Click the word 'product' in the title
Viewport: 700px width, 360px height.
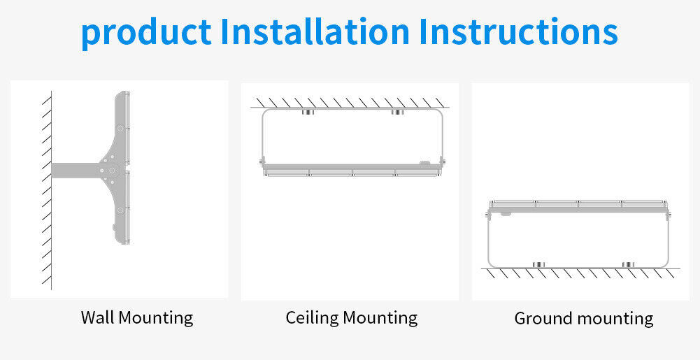146,34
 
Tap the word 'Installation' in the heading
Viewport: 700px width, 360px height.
315,31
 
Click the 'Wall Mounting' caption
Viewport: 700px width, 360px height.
137,318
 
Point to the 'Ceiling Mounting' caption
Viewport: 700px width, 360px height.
352,318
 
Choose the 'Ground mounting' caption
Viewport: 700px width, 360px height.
584,319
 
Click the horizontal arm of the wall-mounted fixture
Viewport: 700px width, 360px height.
76,170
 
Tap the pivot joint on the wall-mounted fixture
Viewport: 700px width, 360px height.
110,170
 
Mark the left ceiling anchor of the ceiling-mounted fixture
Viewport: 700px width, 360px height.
307,112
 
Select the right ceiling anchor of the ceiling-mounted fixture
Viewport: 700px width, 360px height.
397,112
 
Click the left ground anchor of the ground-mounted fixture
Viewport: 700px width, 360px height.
539,264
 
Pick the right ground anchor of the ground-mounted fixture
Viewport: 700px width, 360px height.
629,264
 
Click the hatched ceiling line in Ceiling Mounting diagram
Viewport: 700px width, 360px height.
350,103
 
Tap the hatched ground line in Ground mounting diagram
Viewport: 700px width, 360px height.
581,273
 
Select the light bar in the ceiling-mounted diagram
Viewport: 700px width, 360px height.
352,170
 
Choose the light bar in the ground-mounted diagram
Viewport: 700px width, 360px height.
578,206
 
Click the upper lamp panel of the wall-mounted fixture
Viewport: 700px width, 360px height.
123,128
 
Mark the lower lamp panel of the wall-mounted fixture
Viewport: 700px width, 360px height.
123,208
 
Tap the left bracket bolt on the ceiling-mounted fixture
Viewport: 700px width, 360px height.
262,161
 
